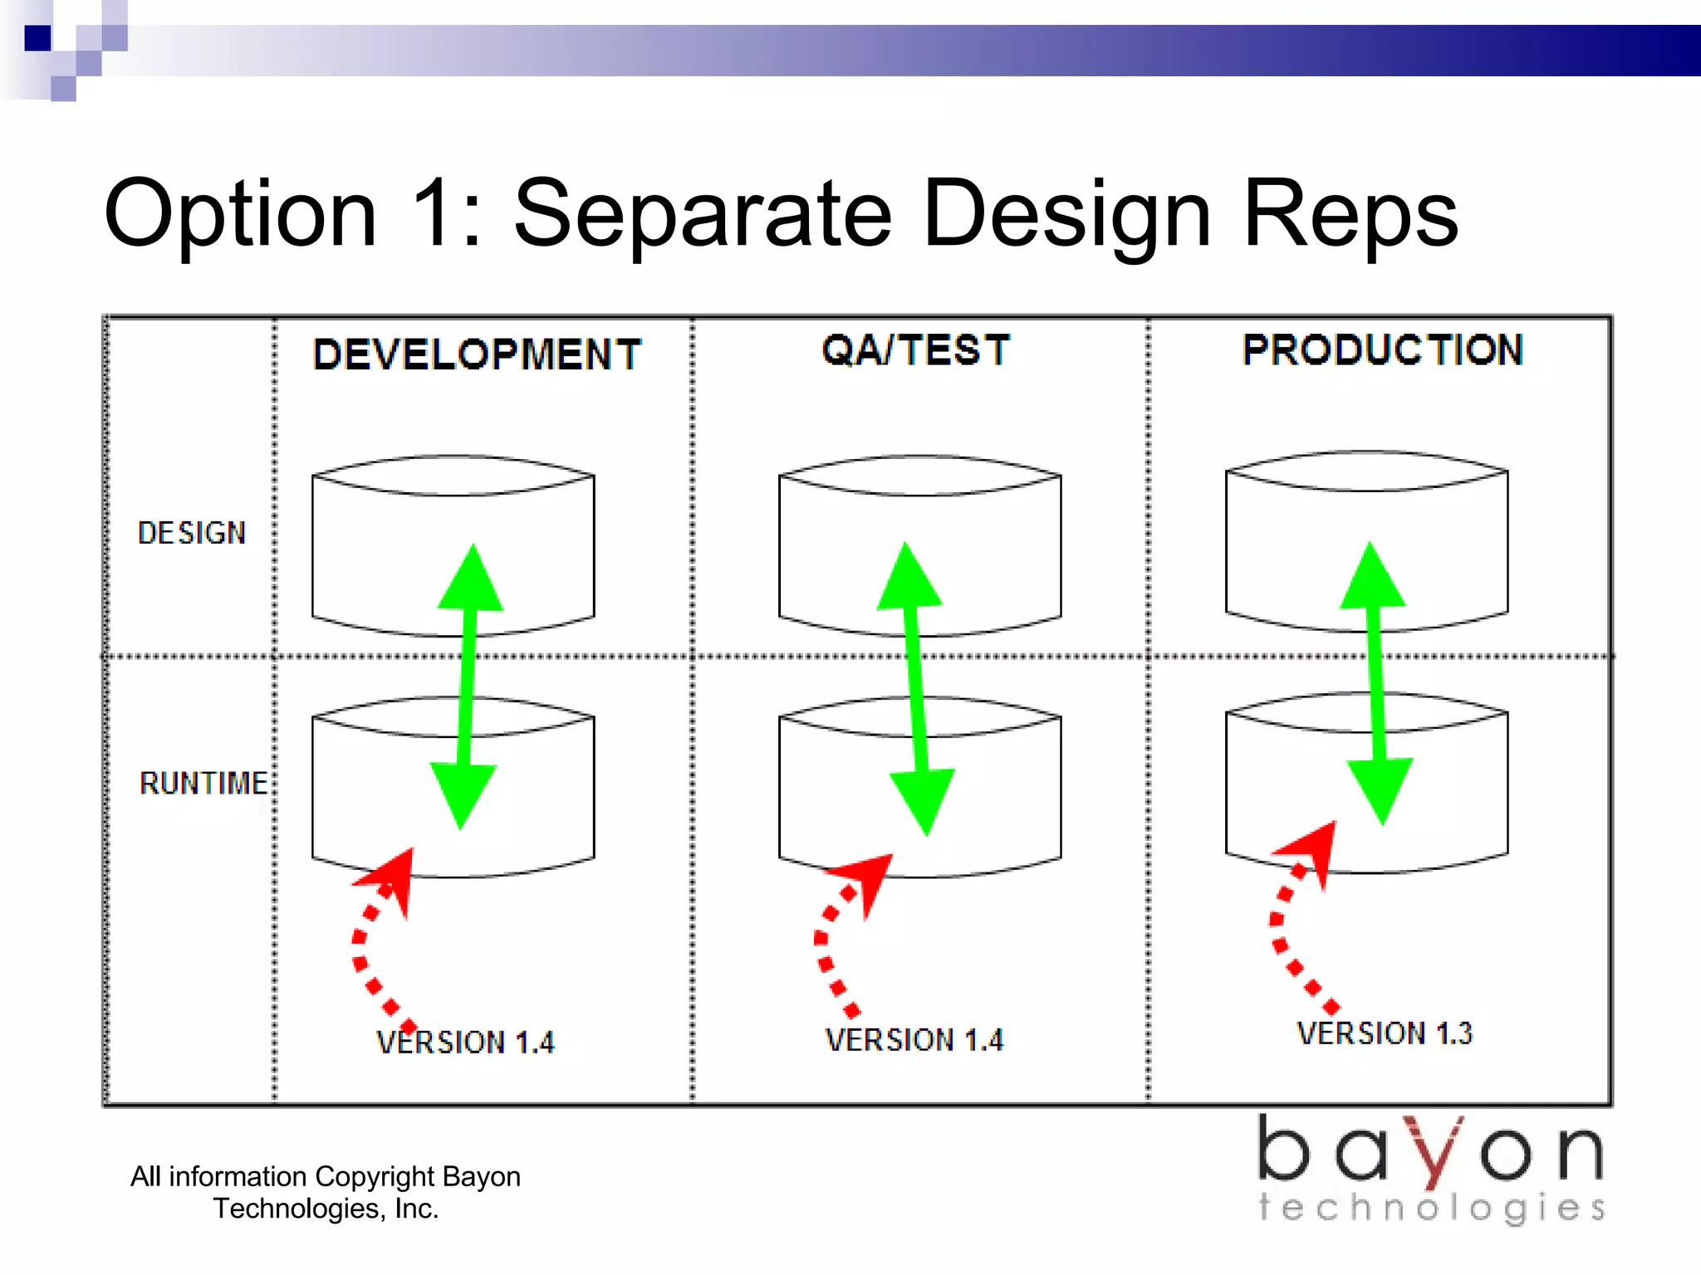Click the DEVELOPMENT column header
477,354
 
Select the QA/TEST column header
915,349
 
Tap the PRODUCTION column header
1383,349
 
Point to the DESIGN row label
192,533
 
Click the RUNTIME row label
203,784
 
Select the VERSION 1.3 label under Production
1385,1033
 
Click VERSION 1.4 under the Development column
465,1043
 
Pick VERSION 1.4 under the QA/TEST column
914,1040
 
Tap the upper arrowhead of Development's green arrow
472,581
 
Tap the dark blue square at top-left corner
37,38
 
